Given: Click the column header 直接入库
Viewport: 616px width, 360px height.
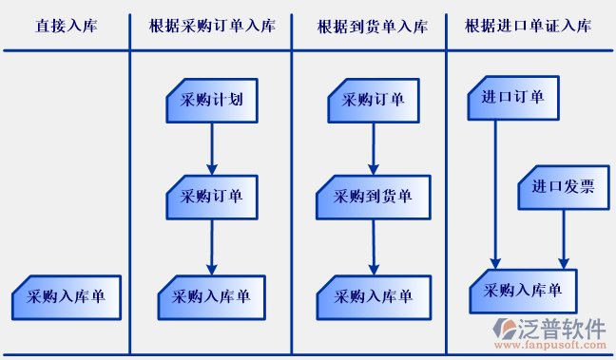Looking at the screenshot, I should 66,26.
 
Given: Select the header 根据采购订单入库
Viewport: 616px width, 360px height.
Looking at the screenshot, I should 212,26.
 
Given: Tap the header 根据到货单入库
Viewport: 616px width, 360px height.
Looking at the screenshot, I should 372,26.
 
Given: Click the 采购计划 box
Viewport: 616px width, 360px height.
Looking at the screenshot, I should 212,100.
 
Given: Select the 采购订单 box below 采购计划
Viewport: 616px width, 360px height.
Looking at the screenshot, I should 212,197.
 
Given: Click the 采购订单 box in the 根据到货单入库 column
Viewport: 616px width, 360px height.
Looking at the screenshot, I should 374,100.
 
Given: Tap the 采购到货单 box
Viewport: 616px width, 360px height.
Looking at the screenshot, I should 374,197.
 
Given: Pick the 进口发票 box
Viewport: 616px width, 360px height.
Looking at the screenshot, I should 563,187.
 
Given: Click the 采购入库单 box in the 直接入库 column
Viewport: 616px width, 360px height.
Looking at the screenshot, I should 66,297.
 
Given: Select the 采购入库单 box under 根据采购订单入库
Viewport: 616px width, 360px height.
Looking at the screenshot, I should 211,297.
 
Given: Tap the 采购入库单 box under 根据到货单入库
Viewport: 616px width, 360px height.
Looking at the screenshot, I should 373,297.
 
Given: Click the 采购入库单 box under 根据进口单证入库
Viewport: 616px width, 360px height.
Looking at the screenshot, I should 523,292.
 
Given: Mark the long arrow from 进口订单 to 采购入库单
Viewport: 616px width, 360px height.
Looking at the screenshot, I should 494,190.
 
